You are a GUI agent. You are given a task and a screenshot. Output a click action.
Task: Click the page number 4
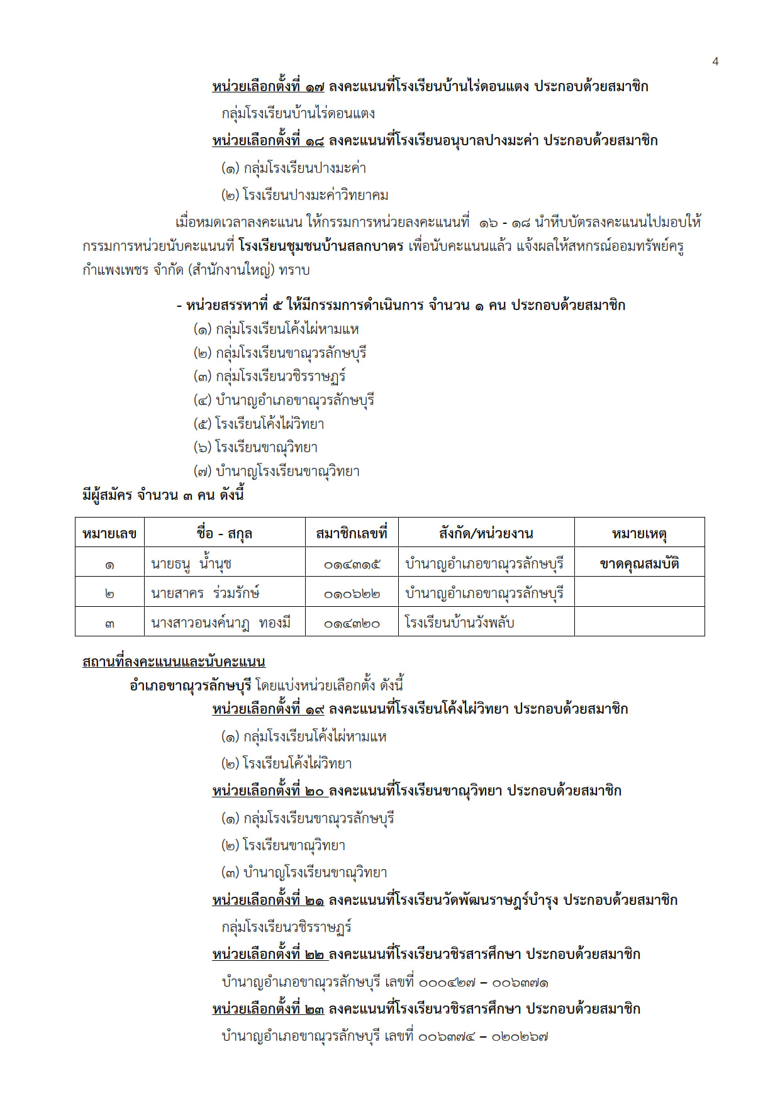click(x=715, y=61)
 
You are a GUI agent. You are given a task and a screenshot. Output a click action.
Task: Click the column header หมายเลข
click(x=109, y=533)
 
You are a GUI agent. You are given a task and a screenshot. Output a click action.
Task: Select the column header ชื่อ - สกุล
click(x=224, y=533)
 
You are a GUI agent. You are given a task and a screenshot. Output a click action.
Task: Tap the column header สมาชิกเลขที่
click(x=352, y=533)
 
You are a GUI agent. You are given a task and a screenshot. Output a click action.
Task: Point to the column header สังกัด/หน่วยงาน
click(x=486, y=533)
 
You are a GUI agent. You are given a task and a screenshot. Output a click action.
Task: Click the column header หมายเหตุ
click(x=639, y=533)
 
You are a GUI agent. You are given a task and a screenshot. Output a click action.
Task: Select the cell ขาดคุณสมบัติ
click(x=639, y=563)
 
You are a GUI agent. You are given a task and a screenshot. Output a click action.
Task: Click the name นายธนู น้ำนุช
click(x=191, y=563)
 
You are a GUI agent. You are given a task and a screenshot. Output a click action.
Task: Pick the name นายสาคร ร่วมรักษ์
click(x=205, y=593)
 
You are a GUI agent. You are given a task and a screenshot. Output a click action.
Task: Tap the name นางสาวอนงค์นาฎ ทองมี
click(x=221, y=623)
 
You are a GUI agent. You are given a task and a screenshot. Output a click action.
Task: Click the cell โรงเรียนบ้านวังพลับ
click(x=459, y=623)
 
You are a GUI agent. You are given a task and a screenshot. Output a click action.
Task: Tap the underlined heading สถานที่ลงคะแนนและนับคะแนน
click(x=174, y=661)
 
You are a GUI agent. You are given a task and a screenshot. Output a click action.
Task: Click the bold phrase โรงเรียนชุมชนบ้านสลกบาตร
click(x=321, y=246)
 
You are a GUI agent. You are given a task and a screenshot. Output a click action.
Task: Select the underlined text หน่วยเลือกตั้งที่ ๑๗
click(x=268, y=86)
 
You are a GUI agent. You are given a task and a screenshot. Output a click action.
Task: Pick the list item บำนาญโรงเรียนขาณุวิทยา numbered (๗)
click(x=287, y=471)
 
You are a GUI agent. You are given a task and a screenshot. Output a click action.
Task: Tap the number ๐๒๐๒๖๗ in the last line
click(x=520, y=1036)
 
